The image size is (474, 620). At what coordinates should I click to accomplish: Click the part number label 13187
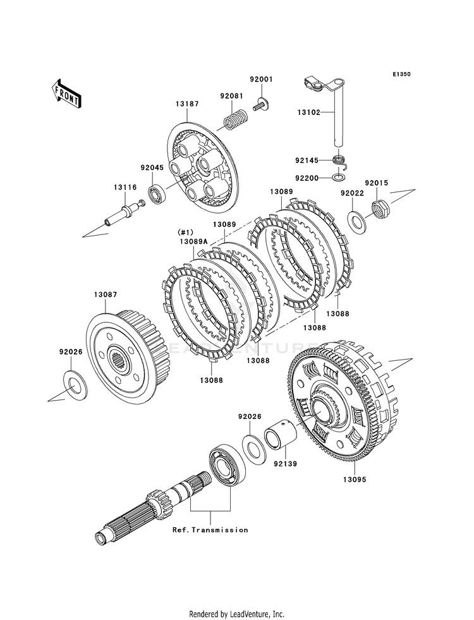pos(187,104)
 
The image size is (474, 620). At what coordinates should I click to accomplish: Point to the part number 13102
pos(309,112)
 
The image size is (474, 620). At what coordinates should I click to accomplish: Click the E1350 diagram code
pos(401,74)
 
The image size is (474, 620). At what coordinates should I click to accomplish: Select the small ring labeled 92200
pos(338,176)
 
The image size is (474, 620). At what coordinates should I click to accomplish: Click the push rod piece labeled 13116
pos(124,213)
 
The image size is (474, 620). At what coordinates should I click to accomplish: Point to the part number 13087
pos(106,295)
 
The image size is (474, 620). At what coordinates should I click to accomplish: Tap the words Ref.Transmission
pos(210,530)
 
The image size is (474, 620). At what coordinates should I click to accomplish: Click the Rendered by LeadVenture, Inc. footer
pos(237,614)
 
